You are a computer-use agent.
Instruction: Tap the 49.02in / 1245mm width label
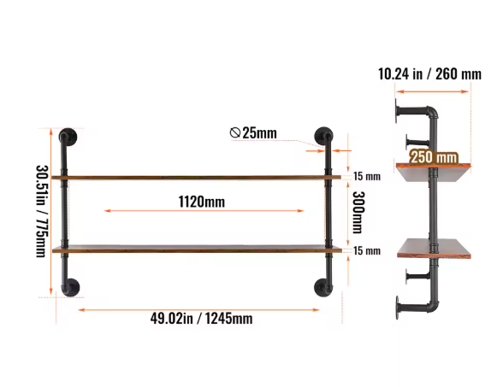(x=201, y=318)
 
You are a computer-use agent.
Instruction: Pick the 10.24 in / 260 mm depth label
(x=429, y=74)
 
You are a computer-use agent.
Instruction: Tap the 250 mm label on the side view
(x=433, y=157)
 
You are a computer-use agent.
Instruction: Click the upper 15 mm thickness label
(x=367, y=177)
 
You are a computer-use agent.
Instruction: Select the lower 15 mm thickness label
(x=367, y=250)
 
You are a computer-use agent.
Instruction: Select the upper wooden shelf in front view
(x=196, y=177)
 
